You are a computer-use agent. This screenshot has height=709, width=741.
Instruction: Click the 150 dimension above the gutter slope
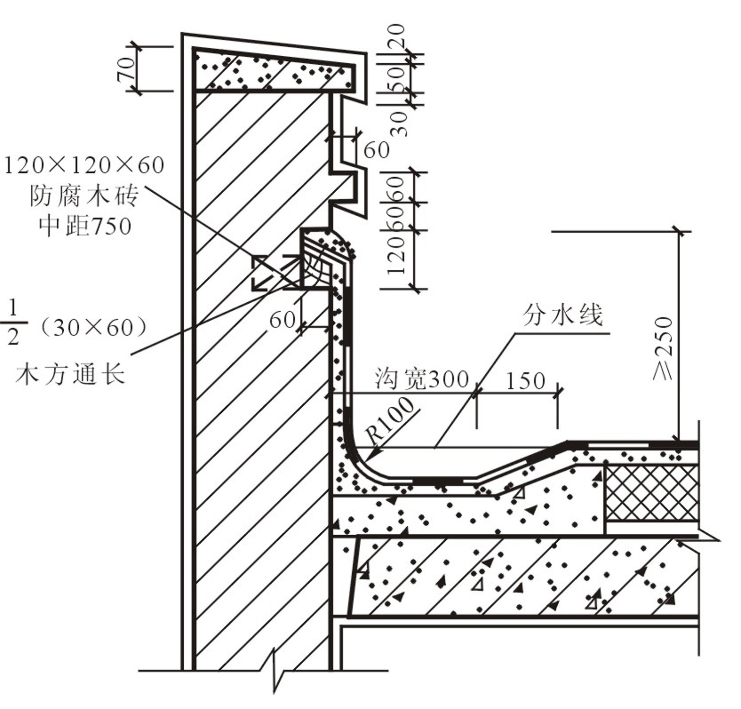[525, 381]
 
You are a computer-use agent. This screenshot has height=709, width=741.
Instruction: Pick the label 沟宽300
[422, 379]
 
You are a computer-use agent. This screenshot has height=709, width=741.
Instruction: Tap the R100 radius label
[391, 420]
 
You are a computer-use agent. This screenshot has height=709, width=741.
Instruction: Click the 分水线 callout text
[563, 315]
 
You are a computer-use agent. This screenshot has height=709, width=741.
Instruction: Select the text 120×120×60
[84, 165]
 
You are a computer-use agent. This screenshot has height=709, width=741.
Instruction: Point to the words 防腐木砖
[84, 196]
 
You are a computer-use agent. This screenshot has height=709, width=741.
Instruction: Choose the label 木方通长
[70, 373]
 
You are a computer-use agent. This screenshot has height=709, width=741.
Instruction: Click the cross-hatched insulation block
[651, 492]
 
